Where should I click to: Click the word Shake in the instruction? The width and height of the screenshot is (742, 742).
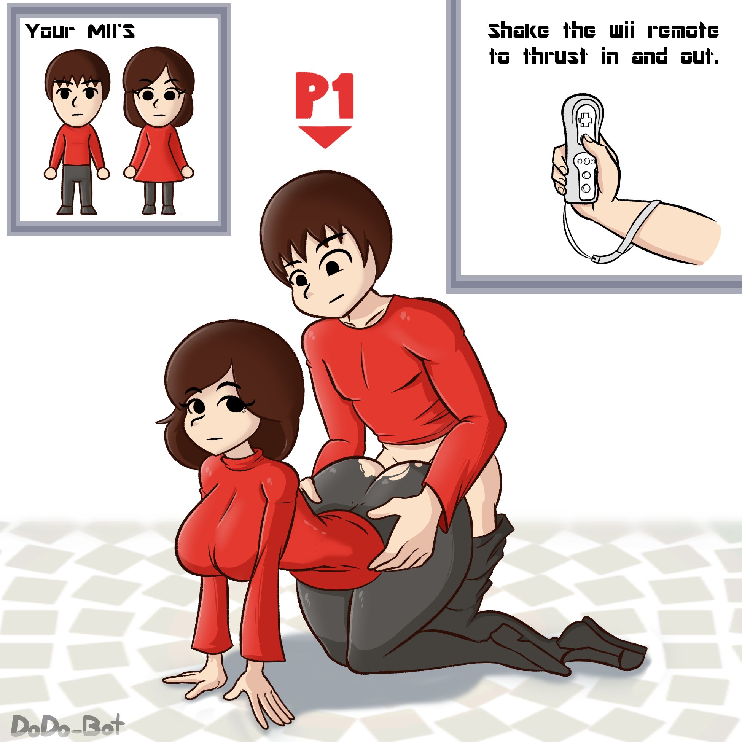click(x=519, y=31)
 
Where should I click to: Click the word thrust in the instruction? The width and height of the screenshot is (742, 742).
click(x=555, y=56)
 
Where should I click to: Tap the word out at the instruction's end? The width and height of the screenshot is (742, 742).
click(x=699, y=56)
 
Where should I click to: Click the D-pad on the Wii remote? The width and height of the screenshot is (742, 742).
click(x=585, y=120)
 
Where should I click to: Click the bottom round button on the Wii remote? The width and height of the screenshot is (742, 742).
click(x=586, y=188)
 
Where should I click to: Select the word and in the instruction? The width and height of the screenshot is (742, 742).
click(x=649, y=56)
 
